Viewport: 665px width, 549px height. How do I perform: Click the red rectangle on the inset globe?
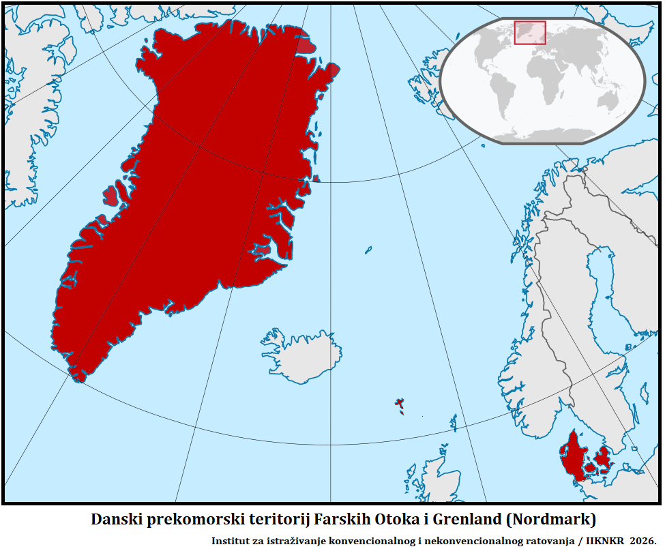[530, 33]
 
